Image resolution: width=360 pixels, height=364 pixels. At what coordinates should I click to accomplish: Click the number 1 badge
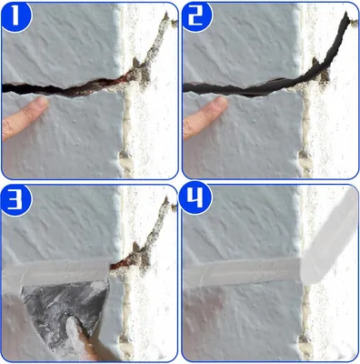15,15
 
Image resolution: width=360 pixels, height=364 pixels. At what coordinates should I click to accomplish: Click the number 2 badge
197,15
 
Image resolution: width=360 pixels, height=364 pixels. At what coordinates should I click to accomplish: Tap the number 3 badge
15,198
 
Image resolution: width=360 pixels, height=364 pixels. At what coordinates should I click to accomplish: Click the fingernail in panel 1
41,102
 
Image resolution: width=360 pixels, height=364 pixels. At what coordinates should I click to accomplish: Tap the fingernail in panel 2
221,102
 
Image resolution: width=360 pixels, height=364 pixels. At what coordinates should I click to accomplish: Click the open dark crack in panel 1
61,88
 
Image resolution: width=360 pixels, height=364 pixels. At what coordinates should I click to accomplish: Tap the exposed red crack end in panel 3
121,264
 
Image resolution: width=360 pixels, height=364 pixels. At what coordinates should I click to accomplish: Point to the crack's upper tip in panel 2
347,13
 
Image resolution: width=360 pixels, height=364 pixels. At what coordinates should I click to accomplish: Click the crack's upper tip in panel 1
166,14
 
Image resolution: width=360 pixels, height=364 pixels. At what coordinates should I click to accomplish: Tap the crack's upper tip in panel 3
165,198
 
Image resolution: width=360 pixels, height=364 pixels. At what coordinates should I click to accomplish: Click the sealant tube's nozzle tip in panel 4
303,261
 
